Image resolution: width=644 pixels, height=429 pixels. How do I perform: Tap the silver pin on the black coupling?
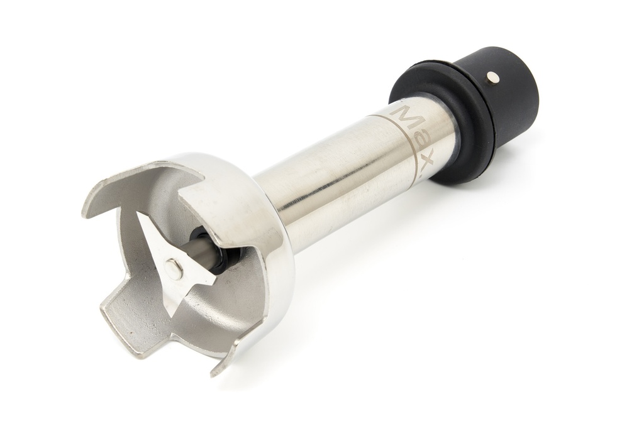(x=492, y=78)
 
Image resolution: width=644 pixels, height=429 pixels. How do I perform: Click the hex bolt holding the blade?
(x=174, y=269)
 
